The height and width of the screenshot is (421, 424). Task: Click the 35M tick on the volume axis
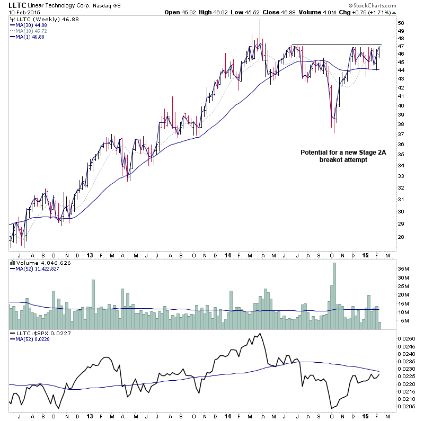[x=404, y=268]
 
